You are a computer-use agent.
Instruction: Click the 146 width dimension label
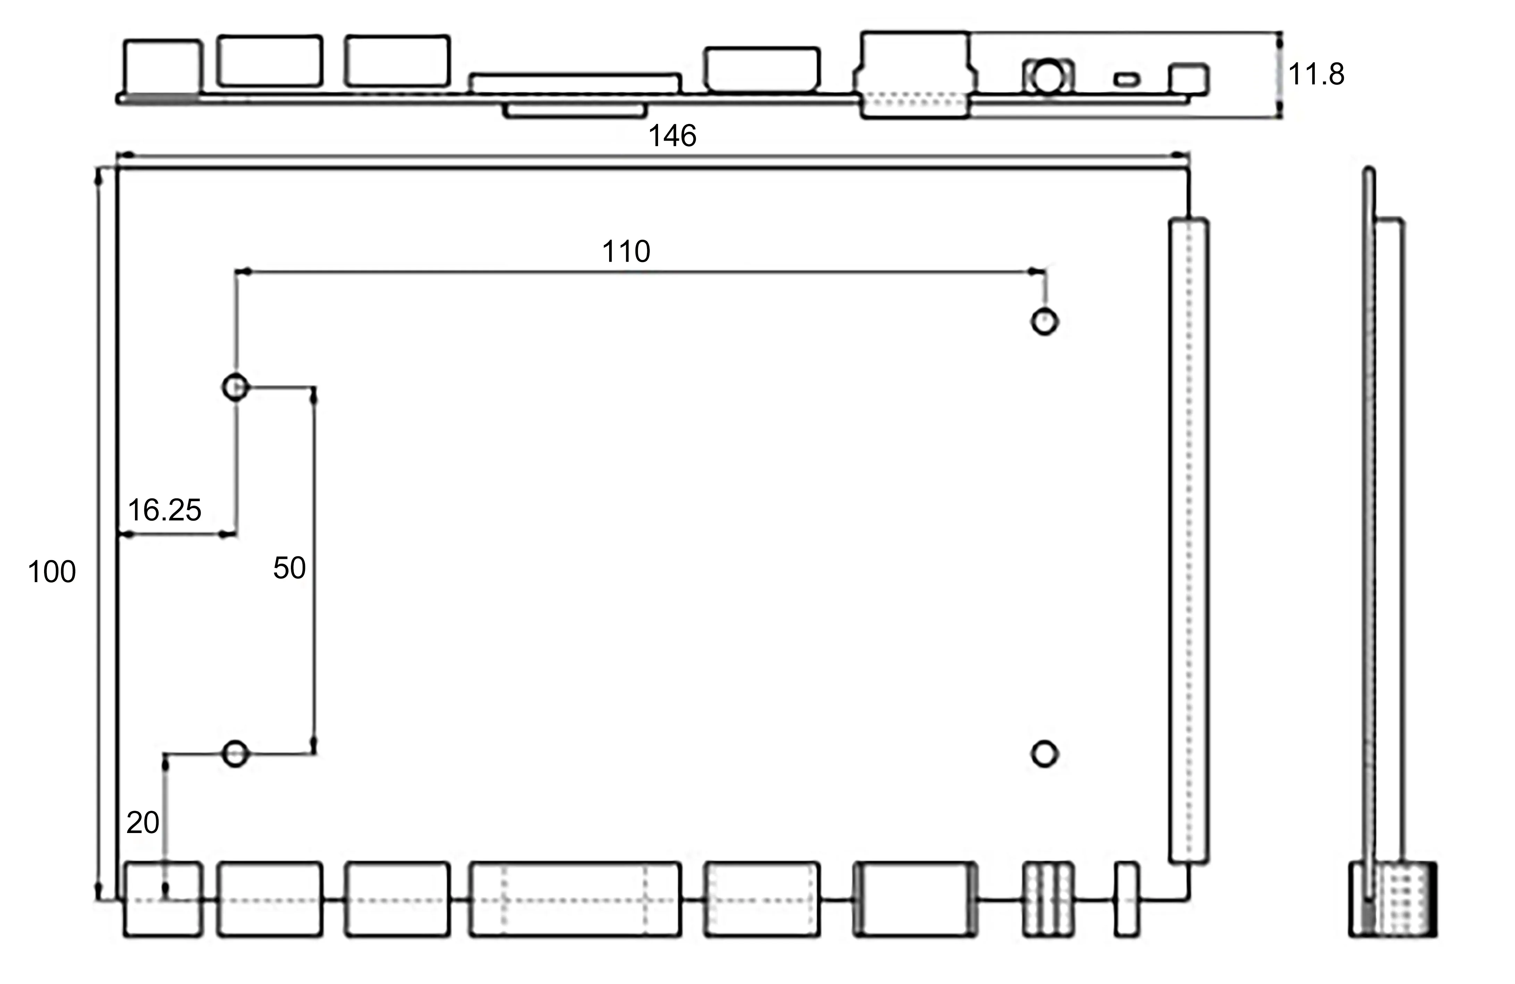click(672, 136)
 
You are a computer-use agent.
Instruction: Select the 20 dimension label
click(143, 823)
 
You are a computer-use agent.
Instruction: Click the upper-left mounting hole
click(236, 387)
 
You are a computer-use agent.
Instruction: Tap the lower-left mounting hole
click(236, 754)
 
